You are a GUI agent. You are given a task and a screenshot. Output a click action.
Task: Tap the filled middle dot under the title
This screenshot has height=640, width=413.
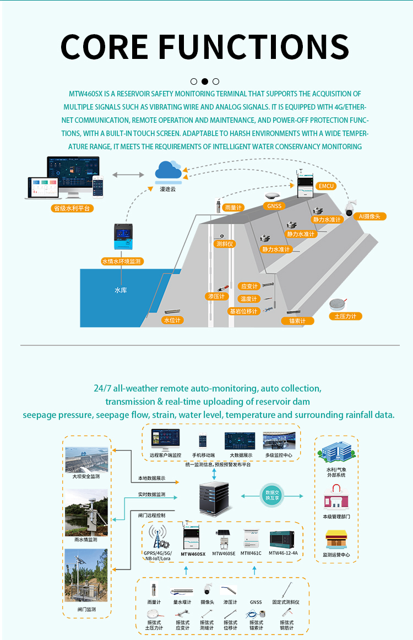click(205, 81)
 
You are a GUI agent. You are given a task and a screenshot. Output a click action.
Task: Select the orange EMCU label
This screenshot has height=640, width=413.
click(327, 186)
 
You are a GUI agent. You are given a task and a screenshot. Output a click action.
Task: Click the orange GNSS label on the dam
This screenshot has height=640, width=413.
click(274, 206)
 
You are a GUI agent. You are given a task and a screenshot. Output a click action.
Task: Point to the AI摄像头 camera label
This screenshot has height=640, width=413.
click(370, 216)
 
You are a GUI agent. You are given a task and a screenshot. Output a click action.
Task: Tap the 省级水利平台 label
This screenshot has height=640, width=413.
click(71, 208)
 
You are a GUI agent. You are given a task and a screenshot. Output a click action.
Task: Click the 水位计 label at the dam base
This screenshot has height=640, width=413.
click(172, 319)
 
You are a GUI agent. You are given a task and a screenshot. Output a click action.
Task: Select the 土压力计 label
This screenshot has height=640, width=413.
click(345, 316)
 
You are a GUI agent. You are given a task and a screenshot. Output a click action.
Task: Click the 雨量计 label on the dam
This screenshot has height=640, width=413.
click(234, 208)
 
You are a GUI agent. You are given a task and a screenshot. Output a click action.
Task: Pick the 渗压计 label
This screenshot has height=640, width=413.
click(218, 296)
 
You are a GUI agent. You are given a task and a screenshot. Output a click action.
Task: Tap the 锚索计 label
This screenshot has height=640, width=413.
click(297, 321)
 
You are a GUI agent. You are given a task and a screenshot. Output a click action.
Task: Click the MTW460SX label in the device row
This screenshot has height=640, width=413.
click(193, 554)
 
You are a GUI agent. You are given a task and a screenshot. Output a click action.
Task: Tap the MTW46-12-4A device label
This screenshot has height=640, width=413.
click(283, 553)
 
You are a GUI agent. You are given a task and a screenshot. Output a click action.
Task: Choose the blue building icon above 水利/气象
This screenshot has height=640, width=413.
click(336, 453)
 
